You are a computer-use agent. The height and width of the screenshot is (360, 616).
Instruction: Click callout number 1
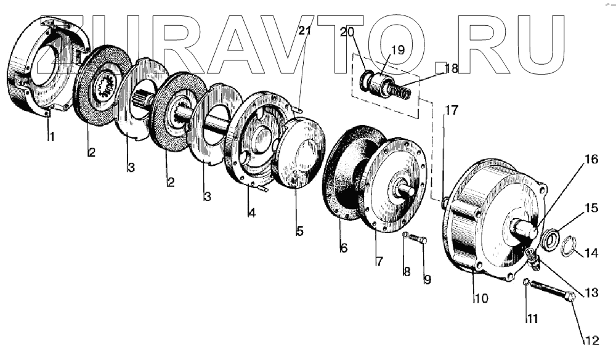click(x=52, y=137)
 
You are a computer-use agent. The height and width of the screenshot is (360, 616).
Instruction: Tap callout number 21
click(x=304, y=31)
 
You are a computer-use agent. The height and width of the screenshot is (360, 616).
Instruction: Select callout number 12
click(x=591, y=340)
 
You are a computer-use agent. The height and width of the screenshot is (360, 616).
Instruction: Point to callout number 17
click(x=452, y=111)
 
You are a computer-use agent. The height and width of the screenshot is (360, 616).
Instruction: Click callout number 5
click(x=299, y=232)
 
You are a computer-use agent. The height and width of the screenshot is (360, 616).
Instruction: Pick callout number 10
click(x=480, y=299)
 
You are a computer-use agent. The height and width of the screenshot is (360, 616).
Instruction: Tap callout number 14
click(x=591, y=252)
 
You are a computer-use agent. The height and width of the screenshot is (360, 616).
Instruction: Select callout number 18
click(x=451, y=69)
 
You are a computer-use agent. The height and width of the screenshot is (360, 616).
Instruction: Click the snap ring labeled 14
click(x=570, y=247)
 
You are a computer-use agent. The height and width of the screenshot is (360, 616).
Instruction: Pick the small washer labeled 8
click(x=406, y=235)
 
